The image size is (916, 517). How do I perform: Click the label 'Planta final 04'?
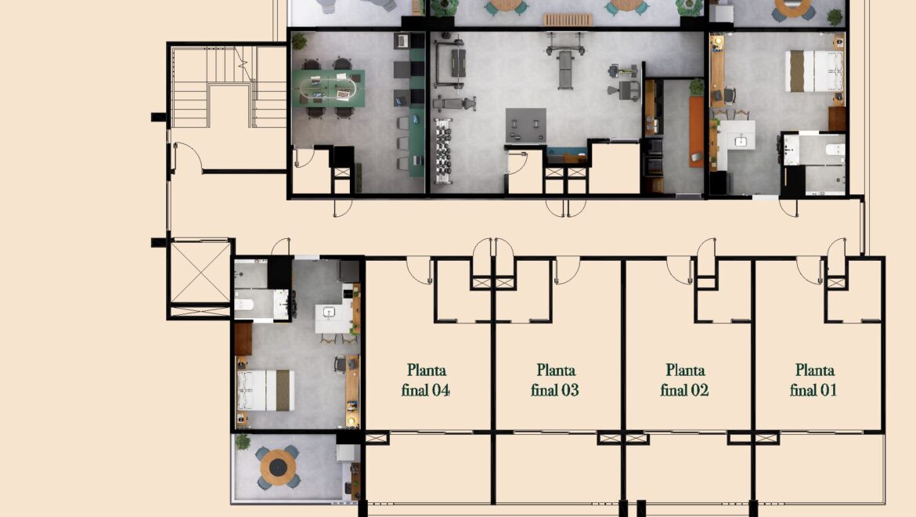click(426, 380)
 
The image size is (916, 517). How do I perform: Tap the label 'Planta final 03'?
click(555, 380)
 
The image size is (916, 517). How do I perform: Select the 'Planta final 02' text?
click(685, 380)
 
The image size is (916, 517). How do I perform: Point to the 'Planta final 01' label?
click(813, 380)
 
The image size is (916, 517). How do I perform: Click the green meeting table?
click(329, 89)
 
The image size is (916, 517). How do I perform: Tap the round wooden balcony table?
click(278, 468)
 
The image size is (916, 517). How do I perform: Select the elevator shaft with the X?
click(200, 273)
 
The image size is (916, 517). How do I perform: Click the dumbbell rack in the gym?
click(443, 150)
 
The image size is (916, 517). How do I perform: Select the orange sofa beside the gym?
click(696, 132)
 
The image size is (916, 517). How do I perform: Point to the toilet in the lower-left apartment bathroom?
click(243, 305)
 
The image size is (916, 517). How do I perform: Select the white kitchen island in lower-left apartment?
click(333, 319)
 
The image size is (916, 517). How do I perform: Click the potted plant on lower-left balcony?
click(243, 442)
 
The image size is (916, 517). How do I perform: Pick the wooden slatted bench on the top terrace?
click(568, 20)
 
